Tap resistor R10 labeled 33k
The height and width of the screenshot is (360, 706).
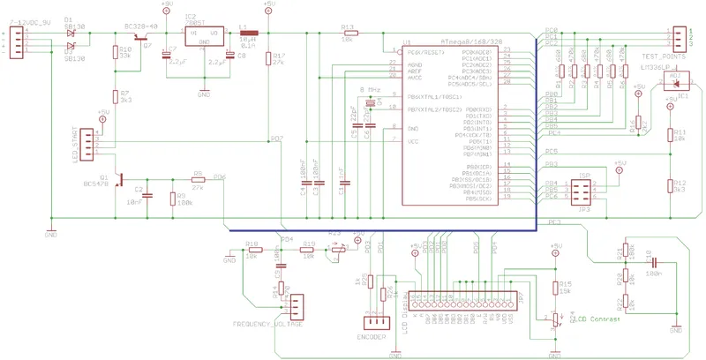115,53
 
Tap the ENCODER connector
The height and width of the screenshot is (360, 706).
371,323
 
